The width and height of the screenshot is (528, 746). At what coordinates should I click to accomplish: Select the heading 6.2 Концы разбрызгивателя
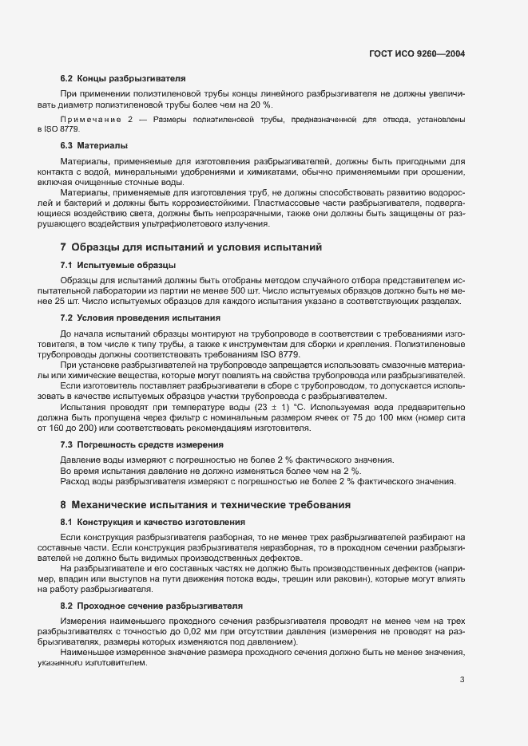(123, 79)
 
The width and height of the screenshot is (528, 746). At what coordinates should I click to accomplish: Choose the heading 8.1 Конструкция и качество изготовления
(153, 522)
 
